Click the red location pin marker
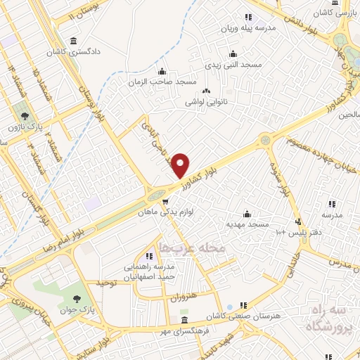(x=181, y=165)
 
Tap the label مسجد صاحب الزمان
(x=162, y=82)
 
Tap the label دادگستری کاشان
(x=74, y=52)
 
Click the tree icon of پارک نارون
(x=25, y=115)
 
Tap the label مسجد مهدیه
(x=247, y=224)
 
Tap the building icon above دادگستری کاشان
(x=74, y=41)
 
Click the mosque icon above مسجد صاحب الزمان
(x=162, y=71)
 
